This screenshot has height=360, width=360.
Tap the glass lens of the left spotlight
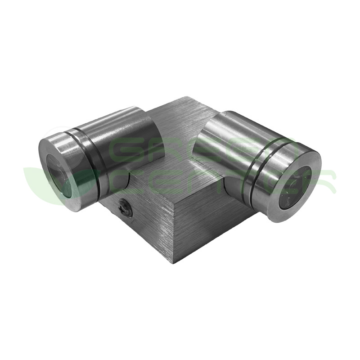[62, 176]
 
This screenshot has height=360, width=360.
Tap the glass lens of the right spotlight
[296, 189]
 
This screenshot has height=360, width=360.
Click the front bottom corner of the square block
[174, 265]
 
